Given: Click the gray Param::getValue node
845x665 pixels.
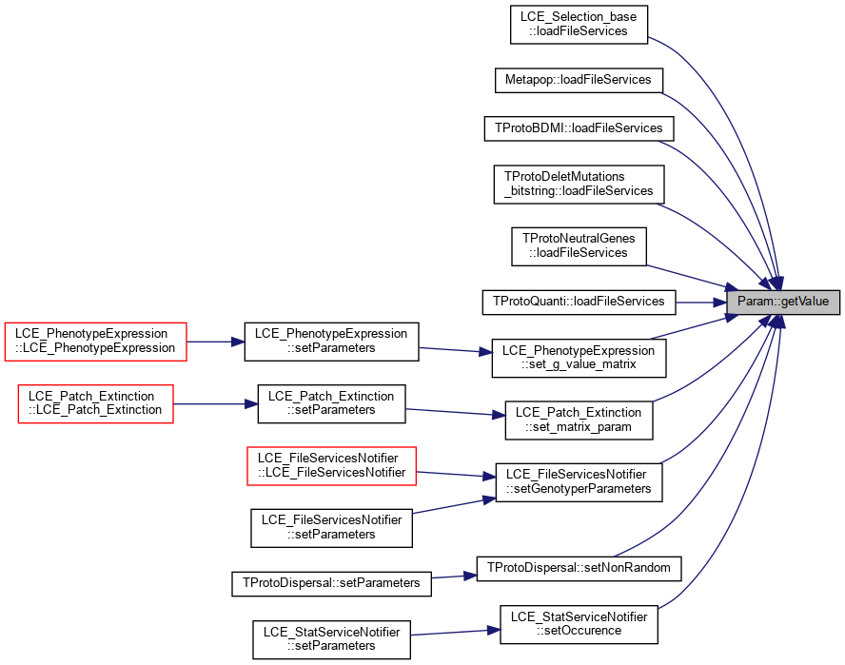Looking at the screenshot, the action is pos(783,302).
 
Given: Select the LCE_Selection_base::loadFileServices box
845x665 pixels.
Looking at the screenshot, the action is pos(579,24).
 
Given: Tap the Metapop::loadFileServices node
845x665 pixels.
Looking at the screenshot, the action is pos(579,80).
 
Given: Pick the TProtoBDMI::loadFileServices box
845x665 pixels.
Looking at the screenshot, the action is pos(579,128).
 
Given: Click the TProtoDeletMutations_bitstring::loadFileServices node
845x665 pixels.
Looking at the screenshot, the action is pos(579,185).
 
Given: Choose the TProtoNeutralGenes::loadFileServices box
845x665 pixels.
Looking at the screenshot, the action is pos(579,246).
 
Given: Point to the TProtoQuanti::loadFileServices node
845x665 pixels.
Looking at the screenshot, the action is pos(579,302).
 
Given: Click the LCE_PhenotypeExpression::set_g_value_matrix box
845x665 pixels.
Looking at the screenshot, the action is pos(579,358).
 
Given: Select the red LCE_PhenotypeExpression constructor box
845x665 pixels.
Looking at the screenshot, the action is pos(95,342).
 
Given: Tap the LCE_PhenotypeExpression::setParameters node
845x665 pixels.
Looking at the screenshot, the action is pos(331,342).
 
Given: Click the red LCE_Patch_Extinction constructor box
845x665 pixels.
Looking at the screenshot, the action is pos(95,403).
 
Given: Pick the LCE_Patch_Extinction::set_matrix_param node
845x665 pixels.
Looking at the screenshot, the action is pos(579,421).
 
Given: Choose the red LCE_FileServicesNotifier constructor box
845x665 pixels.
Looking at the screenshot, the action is pos(331,465).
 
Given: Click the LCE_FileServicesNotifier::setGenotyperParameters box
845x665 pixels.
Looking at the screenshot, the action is pos(579,482).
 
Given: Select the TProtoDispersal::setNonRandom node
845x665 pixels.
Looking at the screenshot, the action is pos(579,569).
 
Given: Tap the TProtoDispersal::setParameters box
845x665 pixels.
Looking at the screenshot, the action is pos(331,583).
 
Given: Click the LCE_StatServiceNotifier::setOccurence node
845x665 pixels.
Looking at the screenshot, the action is pos(579,624).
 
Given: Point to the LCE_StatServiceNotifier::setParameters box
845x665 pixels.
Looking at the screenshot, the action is pos(331,639).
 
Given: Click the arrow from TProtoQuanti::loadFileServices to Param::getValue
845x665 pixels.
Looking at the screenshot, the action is pos(701,303).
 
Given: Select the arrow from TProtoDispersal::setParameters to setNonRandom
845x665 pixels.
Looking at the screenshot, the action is pos(454,577).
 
